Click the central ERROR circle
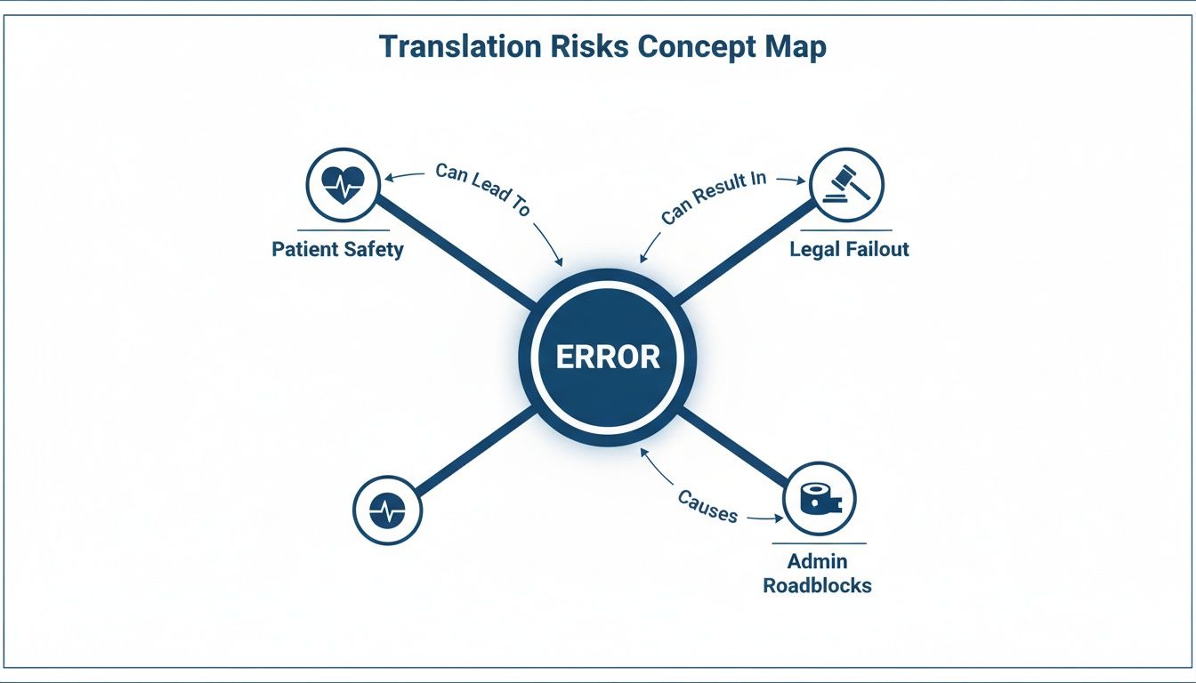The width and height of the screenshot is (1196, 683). (608, 357)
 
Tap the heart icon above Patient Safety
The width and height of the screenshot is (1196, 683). (343, 184)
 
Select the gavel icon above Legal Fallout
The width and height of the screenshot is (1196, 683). (847, 184)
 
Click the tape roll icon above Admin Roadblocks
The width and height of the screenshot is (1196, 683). (819, 498)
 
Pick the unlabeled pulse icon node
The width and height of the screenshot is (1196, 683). (387, 510)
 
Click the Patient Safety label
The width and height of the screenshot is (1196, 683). (337, 249)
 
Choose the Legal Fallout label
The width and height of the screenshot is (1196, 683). (849, 249)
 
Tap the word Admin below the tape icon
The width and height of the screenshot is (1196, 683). (817, 562)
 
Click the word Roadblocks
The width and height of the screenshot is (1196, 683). (817, 585)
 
